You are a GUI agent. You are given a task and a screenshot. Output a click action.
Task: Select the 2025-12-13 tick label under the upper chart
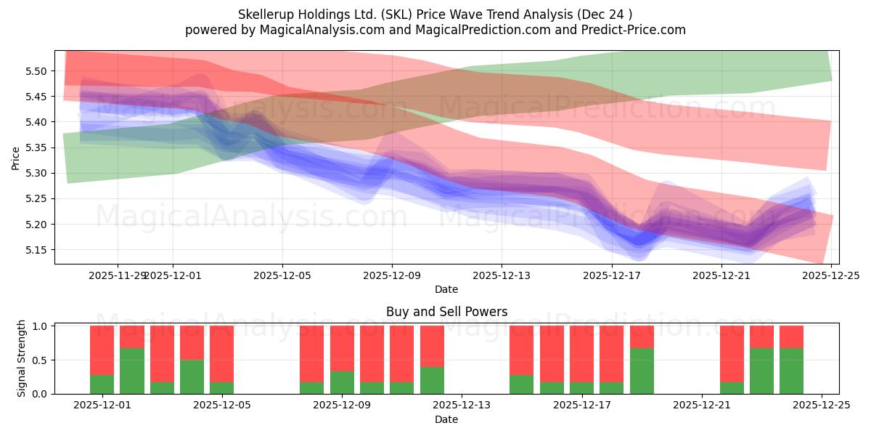coord(502,276)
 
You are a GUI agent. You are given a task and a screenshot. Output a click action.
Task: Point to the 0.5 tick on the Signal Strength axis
coord(41,360)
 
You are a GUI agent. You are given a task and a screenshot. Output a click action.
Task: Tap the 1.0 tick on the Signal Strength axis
coord(41,326)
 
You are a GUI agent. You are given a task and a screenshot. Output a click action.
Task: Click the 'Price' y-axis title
coord(16,158)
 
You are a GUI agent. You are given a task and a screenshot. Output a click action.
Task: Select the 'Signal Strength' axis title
coord(22,359)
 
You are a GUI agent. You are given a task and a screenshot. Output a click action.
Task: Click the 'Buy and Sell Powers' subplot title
coord(446,312)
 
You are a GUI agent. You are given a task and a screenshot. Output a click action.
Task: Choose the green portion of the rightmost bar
coord(791,371)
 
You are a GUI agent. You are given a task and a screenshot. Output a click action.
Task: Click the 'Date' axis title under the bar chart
coord(446,419)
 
